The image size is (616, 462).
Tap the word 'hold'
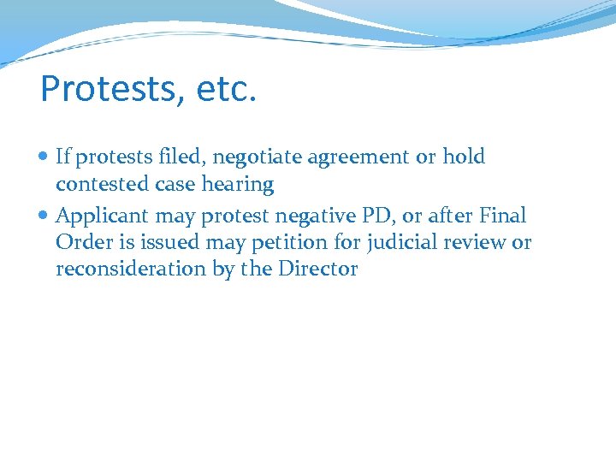coord(464,157)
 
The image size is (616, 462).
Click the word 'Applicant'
coord(103,216)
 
